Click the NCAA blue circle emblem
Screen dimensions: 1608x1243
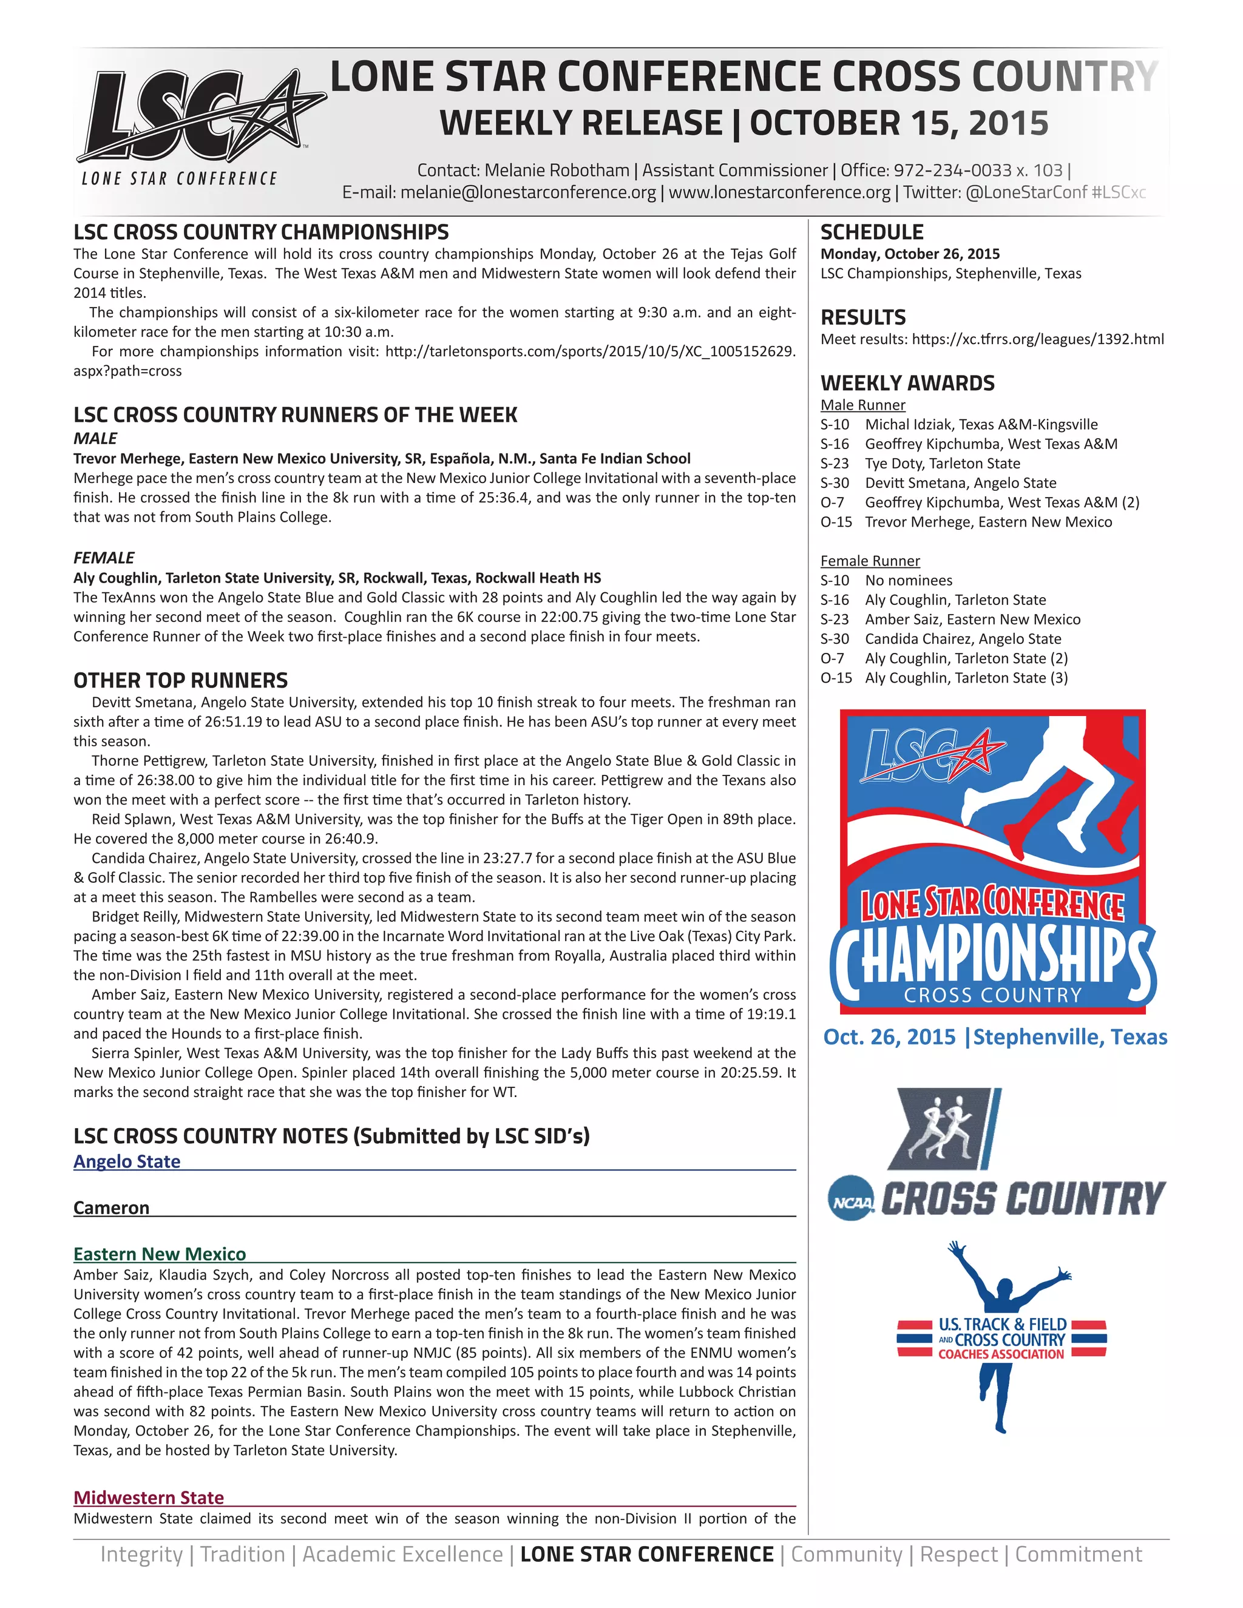point(852,1198)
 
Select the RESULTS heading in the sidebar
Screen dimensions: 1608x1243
point(863,317)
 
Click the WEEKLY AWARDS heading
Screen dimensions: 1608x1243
point(907,383)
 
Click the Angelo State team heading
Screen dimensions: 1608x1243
point(127,1161)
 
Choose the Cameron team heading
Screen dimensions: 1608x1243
point(111,1208)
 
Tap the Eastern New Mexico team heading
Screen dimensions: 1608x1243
point(160,1254)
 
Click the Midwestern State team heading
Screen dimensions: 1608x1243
point(149,1498)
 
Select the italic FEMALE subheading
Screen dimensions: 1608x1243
point(104,558)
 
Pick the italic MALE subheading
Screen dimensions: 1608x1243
point(95,438)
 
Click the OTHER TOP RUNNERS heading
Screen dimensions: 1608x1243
point(180,680)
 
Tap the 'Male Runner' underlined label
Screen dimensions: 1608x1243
point(862,405)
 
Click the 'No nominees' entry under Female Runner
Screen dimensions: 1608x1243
point(909,580)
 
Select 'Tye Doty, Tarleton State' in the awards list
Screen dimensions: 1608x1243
point(943,463)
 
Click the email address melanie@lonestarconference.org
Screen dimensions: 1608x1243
point(528,193)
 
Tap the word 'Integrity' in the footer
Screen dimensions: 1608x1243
point(141,1554)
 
